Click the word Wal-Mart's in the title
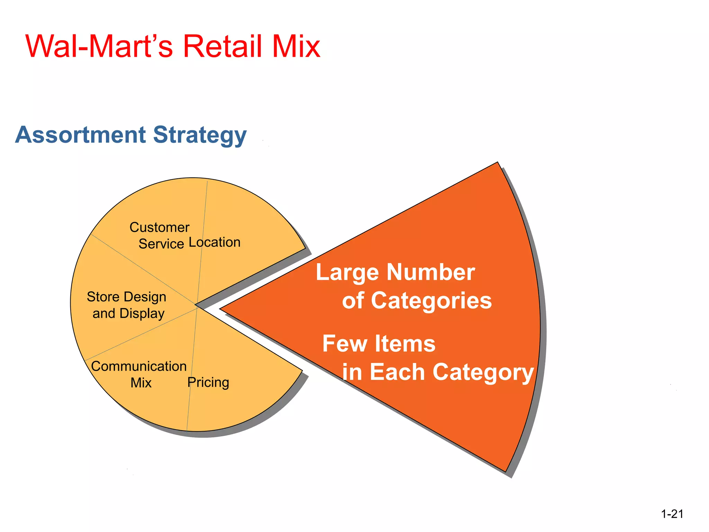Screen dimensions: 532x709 pos(99,46)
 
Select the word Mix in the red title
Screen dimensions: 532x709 pos(296,46)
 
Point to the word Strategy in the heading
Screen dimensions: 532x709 pos(200,135)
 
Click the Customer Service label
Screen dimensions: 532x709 pos(160,236)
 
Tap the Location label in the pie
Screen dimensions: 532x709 pos(215,242)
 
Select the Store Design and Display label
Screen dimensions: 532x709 pos(127,305)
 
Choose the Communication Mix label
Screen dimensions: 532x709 pos(139,374)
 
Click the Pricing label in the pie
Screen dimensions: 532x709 pos(208,382)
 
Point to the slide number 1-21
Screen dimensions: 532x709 pos(672,514)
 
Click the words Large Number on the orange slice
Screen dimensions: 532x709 pos(395,273)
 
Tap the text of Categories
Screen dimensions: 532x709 pos(417,300)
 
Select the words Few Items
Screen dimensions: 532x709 pos(379,344)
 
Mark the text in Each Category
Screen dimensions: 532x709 pos(438,372)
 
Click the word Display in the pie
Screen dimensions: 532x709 pos(142,314)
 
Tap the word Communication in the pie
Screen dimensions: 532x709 pos(139,366)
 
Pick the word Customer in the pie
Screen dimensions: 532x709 pos(160,228)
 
